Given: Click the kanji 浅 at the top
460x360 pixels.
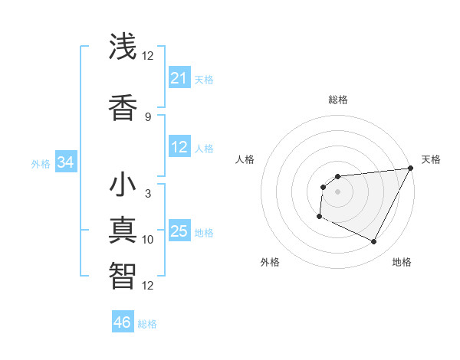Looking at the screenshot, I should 123,47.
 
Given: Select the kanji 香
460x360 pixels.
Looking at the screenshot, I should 123,106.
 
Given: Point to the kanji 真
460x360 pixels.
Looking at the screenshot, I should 123,231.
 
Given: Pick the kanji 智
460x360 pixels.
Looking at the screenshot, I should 123,274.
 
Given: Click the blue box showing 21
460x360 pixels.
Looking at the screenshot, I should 179,78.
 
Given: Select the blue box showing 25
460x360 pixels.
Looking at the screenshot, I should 179,232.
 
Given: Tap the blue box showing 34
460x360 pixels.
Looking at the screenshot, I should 65,162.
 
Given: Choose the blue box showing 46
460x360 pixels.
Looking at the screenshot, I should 122,322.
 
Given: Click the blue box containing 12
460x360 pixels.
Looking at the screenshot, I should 179,147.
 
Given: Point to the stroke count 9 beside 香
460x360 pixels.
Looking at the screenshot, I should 147,117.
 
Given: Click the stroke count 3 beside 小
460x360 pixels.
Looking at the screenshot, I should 147,194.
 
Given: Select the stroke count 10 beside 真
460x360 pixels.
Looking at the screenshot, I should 147,240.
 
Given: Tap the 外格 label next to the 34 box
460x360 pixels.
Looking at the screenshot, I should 41,163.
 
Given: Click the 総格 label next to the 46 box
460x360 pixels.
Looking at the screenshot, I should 147,323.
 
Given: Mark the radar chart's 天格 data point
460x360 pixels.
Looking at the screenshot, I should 412,169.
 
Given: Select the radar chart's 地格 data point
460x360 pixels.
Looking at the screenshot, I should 374,242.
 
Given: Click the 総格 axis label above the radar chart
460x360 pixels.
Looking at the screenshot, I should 337,100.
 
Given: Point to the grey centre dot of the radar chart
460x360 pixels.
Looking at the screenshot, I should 337,191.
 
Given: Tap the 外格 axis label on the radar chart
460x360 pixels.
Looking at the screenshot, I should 270,262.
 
